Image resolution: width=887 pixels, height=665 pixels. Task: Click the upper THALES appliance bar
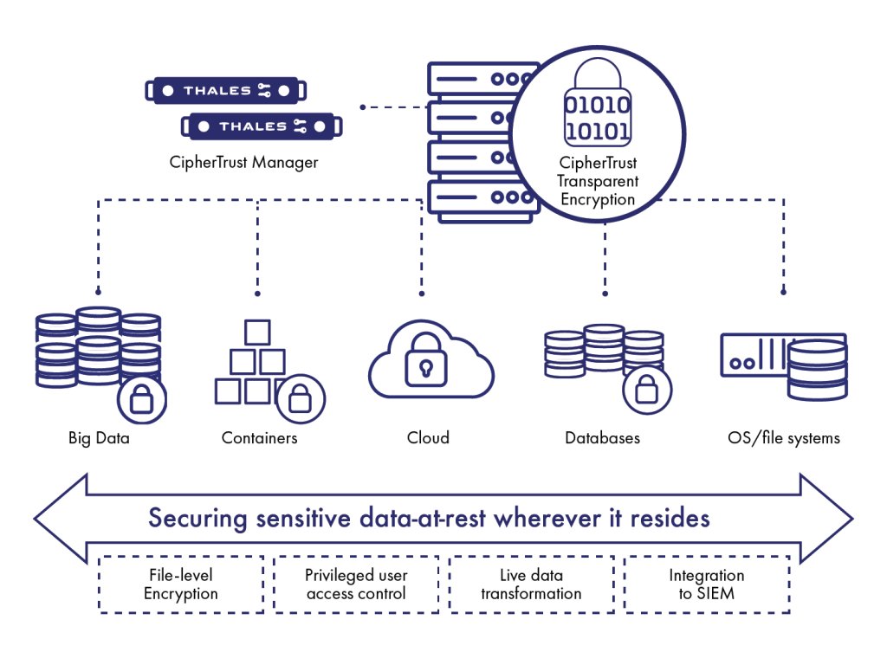tap(226, 90)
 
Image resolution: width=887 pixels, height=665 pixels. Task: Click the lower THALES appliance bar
tap(262, 126)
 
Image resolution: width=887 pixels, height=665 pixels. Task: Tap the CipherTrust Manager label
tap(244, 162)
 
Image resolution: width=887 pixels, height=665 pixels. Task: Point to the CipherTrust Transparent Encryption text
tap(598, 181)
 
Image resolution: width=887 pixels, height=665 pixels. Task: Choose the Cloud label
tap(428, 438)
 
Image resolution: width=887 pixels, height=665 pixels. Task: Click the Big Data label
tap(99, 438)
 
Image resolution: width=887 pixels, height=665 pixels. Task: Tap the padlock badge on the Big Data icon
tap(141, 399)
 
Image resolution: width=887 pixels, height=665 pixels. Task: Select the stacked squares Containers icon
tap(251, 364)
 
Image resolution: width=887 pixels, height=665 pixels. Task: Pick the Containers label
tap(259, 438)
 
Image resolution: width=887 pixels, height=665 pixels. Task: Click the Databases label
tap(602, 438)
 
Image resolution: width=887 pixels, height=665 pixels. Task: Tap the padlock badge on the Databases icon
tap(647, 390)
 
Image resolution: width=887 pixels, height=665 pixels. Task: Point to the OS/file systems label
tap(784, 438)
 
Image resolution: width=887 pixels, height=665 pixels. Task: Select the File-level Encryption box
tap(181, 584)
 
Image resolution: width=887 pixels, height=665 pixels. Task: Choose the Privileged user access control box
tap(356, 584)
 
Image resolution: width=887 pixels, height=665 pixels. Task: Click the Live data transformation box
tap(531, 584)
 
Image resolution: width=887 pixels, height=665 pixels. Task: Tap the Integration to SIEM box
tap(706, 584)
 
